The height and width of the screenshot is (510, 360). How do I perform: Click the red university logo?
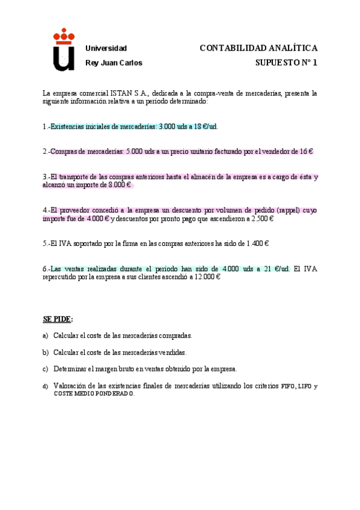click(64, 51)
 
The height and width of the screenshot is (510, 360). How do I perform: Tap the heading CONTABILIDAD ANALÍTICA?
click(258, 48)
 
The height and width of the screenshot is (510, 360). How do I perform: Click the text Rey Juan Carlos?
click(114, 63)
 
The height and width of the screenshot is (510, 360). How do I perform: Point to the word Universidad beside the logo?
click(106, 48)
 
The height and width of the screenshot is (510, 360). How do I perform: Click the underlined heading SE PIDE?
click(58, 319)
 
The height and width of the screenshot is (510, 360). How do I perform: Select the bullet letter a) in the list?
click(46, 336)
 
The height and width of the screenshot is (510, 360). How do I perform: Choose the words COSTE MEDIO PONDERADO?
click(94, 394)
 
